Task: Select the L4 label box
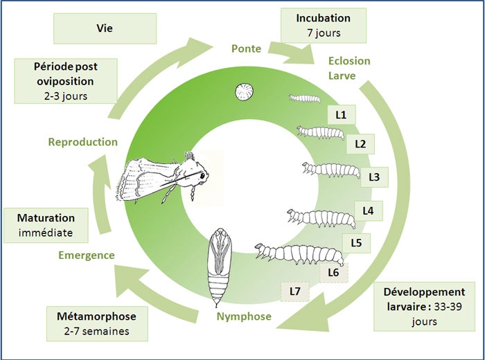[367, 209]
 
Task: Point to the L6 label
[333, 272]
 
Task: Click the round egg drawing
[243, 92]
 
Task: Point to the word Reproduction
[82, 142]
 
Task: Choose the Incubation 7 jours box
[315, 25]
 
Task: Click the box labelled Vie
[105, 29]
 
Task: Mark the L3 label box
[374, 177]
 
